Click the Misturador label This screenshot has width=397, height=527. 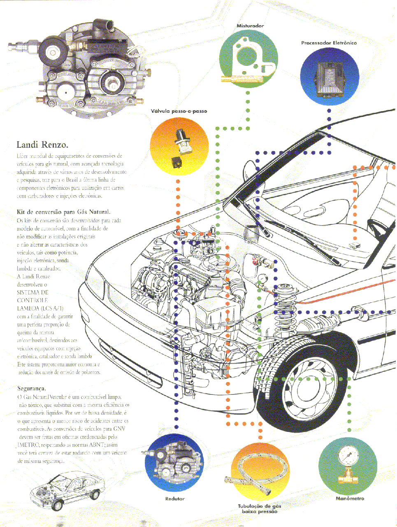point(250,26)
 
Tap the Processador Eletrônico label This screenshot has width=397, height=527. point(329,43)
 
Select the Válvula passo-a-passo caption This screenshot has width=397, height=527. point(179,111)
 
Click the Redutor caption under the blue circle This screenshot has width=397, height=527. point(175,499)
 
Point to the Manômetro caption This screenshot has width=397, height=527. point(350,499)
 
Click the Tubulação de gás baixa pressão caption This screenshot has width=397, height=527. point(260,509)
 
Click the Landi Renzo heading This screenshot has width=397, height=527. point(42,145)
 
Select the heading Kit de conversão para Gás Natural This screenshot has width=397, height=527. point(63,212)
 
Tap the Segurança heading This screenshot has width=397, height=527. point(32,388)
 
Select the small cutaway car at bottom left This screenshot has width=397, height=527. point(66,492)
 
